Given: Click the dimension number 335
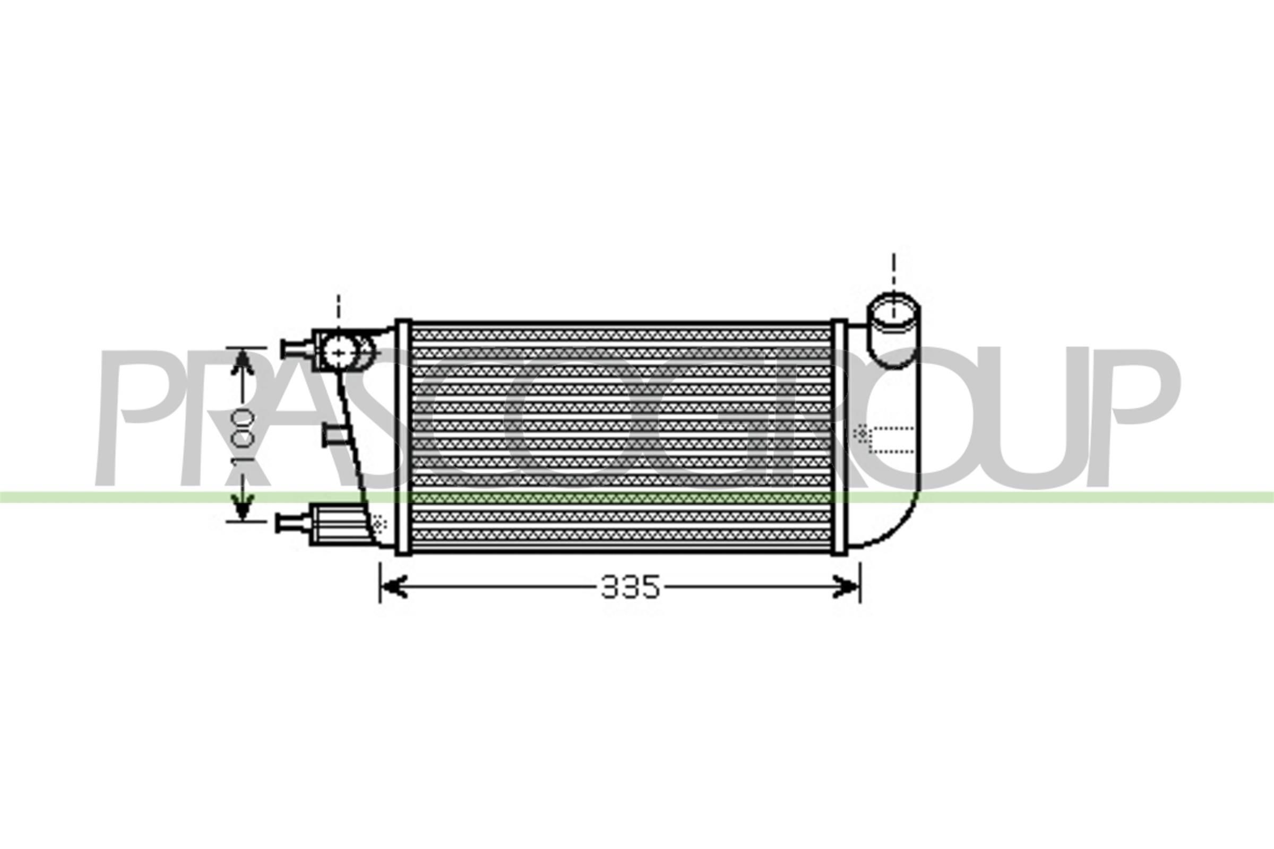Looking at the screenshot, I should point(630,587).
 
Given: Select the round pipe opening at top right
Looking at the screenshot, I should point(894,311).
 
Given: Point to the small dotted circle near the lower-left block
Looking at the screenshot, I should point(380,523).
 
